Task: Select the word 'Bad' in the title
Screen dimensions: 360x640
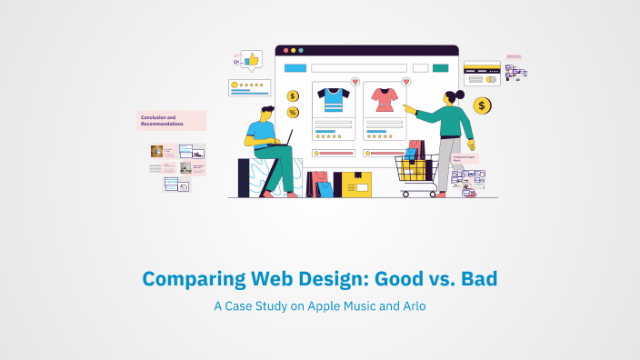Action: point(475,279)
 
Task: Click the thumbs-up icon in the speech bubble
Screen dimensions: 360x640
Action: point(251,59)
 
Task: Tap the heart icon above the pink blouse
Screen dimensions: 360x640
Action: point(406,82)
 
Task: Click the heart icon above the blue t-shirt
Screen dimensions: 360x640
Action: point(355,82)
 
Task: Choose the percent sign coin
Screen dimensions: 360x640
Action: point(293,113)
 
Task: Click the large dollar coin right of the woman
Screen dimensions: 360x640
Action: point(483,106)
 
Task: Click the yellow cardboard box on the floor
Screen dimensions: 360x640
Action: point(353,185)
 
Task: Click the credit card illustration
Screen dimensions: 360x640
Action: point(482,72)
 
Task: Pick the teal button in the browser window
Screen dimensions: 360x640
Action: point(440,67)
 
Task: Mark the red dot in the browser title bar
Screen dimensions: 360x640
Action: point(286,50)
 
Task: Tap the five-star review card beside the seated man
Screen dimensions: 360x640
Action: point(250,86)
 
